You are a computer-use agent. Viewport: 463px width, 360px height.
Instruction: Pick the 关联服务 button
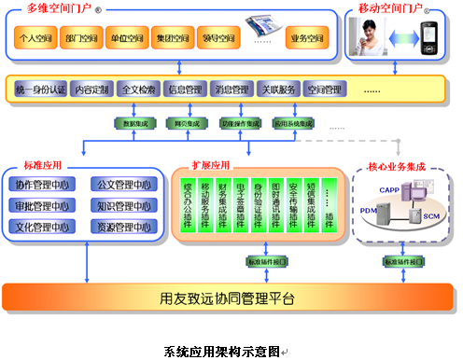(x=277, y=90)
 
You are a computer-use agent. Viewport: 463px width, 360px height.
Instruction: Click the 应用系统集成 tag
(x=291, y=122)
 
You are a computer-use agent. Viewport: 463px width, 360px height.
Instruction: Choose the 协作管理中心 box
(x=43, y=183)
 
